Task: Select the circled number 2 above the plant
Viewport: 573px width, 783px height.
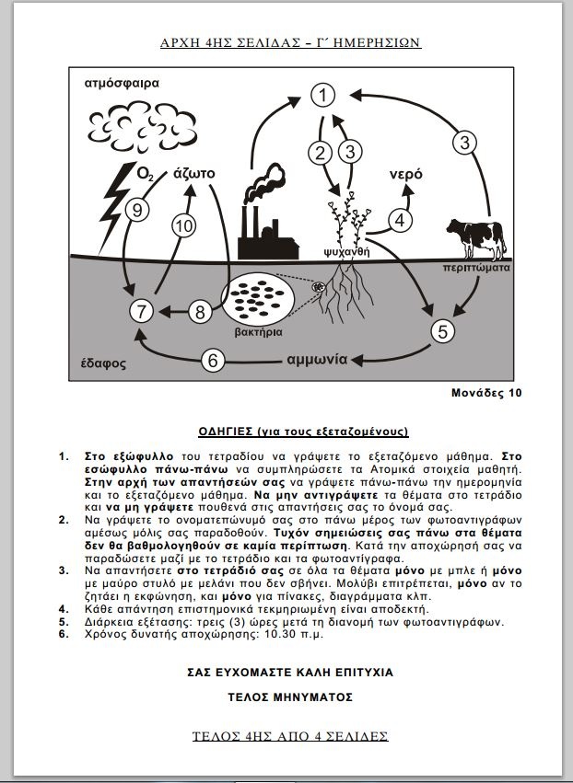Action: point(320,152)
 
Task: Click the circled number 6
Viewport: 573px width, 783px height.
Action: point(213,361)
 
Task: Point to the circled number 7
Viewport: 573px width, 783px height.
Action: point(140,311)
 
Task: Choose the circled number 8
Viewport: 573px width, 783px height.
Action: point(201,311)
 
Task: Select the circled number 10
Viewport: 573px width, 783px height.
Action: point(184,225)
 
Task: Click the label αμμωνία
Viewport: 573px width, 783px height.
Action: point(317,359)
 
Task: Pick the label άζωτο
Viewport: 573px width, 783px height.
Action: point(194,173)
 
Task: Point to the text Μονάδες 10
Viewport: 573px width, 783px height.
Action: point(485,392)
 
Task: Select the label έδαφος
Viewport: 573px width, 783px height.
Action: point(98,363)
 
